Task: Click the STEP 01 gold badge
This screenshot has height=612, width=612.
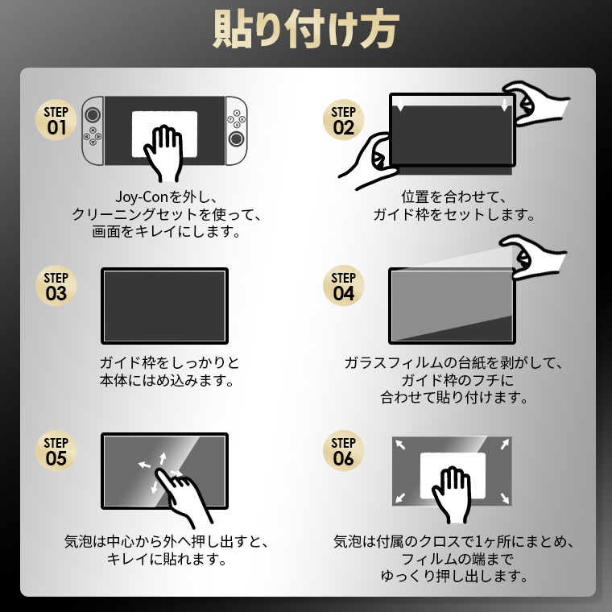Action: pyautogui.click(x=56, y=120)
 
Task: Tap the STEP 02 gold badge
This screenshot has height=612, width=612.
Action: pyautogui.click(x=344, y=120)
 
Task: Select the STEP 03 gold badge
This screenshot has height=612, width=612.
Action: pyautogui.click(x=56, y=286)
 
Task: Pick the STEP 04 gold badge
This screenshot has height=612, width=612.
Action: pyautogui.click(x=344, y=286)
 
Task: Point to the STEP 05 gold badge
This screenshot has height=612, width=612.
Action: pyautogui.click(x=56, y=451)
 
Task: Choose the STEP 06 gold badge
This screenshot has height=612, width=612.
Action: pyautogui.click(x=344, y=451)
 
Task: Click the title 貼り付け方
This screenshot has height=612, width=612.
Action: pyautogui.click(x=306, y=29)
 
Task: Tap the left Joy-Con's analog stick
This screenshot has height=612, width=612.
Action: pyautogui.click(x=93, y=114)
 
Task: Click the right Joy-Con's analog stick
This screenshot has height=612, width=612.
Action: pyautogui.click(x=236, y=139)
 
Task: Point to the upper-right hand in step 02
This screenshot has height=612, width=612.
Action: pyautogui.click(x=535, y=103)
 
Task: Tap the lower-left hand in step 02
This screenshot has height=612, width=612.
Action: pyautogui.click(x=369, y=161)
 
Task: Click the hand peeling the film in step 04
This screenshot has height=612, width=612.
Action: pyautogui.click(x=534, y=257)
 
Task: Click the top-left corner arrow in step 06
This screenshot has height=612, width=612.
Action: pyautogui.click(x=400, y=445)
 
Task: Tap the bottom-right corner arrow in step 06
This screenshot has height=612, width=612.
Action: pyautogui.click(x=504, y=498)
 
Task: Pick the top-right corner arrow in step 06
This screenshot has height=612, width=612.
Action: pyautogui.click(x=505, y=445)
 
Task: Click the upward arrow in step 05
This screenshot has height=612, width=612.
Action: pyautogui.click(x=163, y=459)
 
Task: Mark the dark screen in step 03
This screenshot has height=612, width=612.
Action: pyautogui.click(x=165, y=306)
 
